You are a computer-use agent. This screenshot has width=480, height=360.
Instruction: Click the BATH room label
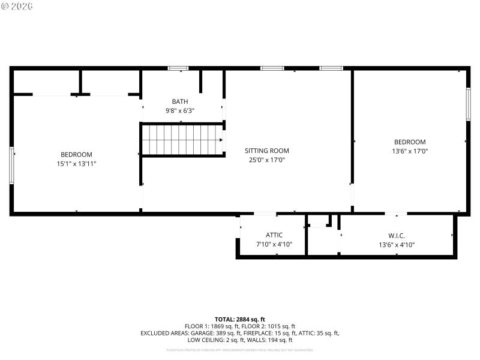click(x=179, y=101)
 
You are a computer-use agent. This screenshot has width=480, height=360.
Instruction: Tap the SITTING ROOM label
click(x=266, y=151)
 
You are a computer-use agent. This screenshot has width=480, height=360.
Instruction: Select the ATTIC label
click(x=274, y=235)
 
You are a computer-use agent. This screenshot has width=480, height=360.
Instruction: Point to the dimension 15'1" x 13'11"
click(x=76, y=163)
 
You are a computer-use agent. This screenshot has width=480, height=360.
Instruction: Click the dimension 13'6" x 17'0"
click(x=410, y=151)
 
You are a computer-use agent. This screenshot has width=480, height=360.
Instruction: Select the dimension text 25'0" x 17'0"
click(x=266, y=160)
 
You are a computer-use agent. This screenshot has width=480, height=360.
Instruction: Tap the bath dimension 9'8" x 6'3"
click(x=179, y=111)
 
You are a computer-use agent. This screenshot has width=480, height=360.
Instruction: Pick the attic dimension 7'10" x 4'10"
click(x=274, y=244)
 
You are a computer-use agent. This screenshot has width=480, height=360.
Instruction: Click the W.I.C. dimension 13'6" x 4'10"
click(x=397, y=244)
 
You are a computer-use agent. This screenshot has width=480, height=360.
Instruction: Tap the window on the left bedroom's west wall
click(x=11, y=165)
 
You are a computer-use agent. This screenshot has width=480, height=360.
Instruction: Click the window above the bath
click(x=178, y=68)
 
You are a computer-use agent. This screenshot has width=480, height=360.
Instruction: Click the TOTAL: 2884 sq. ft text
click(x=239, y=319)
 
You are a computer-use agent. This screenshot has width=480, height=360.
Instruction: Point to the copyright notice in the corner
click(x=17, y=6)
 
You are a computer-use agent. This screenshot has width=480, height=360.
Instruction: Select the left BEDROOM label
click(x=76, y=154)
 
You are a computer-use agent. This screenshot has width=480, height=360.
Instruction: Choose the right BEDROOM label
click(x=410, y=142)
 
